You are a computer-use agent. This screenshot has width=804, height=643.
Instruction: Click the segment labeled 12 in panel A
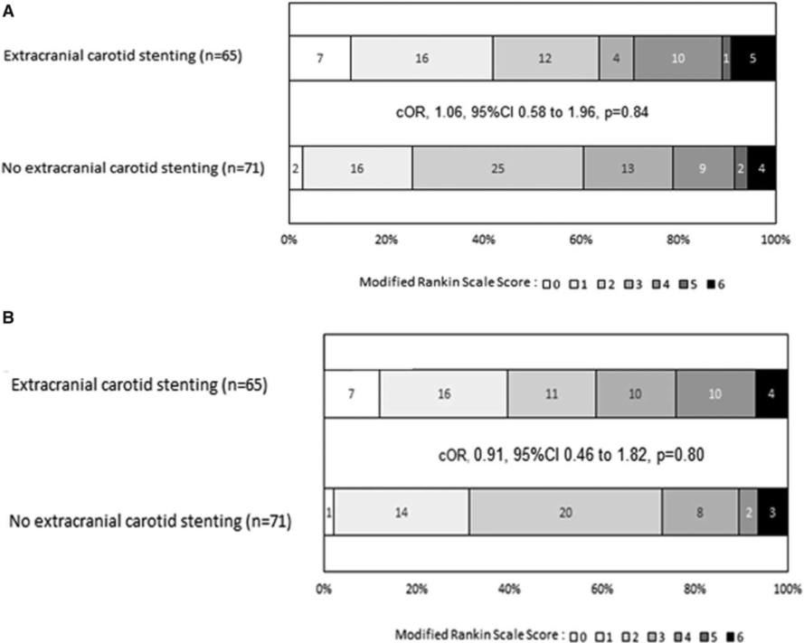tap(546, 58)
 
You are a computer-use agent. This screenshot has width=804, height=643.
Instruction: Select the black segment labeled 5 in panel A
tap(753, 58)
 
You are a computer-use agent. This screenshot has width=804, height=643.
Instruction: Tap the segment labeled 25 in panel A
tap(498, 168)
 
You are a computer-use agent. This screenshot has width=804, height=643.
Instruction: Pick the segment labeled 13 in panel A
tap(629, 168)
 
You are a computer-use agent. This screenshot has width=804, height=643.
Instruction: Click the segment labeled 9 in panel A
tap(704, 168)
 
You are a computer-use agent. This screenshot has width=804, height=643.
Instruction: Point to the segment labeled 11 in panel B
tap(552, 393)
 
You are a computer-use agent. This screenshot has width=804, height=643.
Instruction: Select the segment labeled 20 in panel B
tap(565, 512)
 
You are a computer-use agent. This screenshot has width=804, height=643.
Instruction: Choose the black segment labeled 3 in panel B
tap(772, 512)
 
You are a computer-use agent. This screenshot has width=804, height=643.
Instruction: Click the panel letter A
tap(8, 11)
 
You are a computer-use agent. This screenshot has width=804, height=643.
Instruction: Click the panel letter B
tap(8, 318)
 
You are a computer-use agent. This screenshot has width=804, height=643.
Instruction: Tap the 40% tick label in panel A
tap(483, 240)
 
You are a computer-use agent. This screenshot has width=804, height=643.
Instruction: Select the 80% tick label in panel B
tap(695, 589)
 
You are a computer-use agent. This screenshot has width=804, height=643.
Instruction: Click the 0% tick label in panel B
tap(324, 589)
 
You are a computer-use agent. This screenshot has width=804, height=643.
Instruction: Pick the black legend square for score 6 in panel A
tap(711, 284)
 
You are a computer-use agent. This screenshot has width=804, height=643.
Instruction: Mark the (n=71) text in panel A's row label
tap(243, 168)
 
